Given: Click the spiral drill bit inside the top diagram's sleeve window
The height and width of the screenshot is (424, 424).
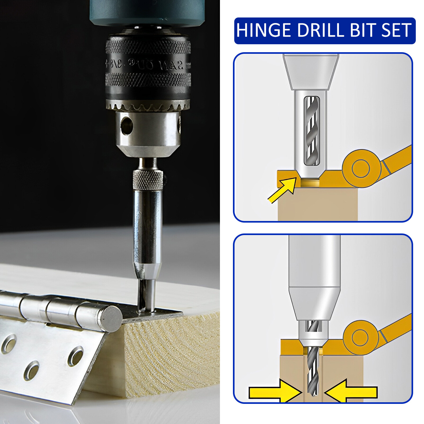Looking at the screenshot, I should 312,131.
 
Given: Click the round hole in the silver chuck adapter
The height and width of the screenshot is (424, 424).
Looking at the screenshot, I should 127,125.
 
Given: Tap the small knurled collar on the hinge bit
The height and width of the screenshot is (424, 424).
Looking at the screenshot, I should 148,180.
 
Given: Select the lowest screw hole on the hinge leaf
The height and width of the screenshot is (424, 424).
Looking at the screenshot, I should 31,370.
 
